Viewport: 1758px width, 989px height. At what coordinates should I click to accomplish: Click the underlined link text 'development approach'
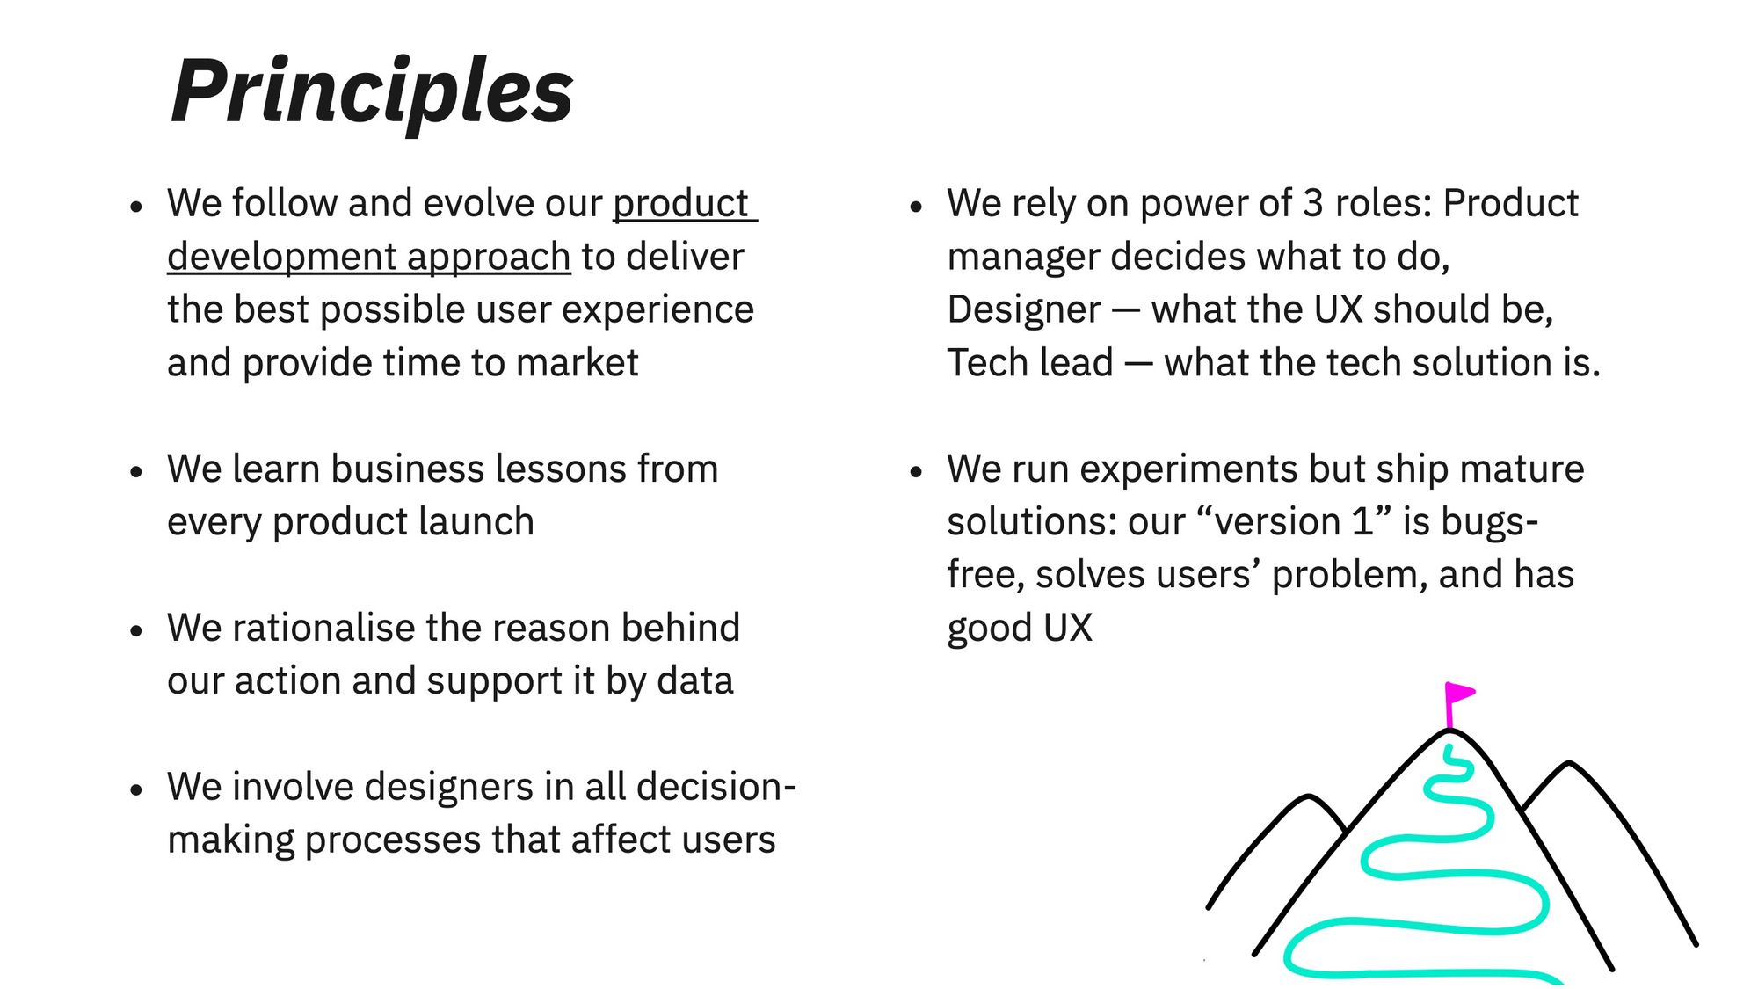pos(369,258)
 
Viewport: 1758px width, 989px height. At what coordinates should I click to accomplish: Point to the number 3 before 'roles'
pos(1313,203)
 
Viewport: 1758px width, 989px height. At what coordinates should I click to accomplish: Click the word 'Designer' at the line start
pos(1024,309)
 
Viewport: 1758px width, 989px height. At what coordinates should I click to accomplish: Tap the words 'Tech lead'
pos(1030,363)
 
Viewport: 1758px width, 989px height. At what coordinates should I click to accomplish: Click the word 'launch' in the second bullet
pos(476,521)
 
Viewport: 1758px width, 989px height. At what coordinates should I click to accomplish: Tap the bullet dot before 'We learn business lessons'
pos(135,471)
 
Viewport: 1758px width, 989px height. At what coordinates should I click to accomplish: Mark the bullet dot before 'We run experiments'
pos(916,471)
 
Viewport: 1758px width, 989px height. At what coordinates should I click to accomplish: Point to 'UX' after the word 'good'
pos(1068,629)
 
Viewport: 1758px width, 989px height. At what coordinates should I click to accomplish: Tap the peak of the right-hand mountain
pos(1570,763)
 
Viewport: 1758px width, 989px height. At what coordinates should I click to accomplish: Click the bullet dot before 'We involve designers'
pos(135,789)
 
